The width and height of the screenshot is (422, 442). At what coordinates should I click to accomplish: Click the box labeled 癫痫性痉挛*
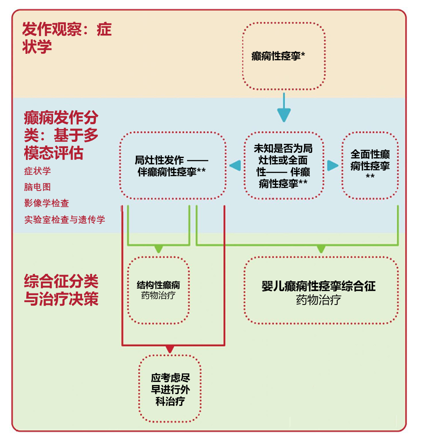tap(284, 56)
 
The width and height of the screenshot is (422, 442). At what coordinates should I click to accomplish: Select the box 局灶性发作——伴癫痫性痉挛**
tap(172, 166)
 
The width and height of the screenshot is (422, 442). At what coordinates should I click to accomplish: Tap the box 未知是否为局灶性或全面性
tap(283, 166)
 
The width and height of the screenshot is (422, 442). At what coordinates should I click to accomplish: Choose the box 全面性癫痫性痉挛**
tap(370, 165)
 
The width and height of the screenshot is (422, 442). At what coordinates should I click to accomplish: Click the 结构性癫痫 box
tap(158, 290)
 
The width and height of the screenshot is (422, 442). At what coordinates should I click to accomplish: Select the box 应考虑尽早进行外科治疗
tap(170, 389)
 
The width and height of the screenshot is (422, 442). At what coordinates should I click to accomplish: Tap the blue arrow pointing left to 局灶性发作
tap(235, 166)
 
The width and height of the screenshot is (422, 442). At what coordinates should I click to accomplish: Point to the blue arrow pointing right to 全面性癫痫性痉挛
tap(332, 166)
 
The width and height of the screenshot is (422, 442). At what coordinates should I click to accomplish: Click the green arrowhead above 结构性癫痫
tap(158, 249)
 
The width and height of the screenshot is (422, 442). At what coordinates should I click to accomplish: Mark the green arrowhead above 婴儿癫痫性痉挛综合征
tap(321, 249)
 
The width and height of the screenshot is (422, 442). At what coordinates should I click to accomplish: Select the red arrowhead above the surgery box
tap(170, 349)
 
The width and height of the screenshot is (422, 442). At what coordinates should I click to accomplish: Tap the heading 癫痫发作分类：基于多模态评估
tap(61, 135)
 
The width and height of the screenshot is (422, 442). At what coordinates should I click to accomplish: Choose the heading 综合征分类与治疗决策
tap(61, 290)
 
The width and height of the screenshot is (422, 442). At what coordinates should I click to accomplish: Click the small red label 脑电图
tap(37, 187)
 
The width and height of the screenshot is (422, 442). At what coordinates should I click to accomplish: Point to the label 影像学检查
tap(46, 203)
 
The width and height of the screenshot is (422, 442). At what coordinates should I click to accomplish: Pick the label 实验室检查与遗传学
tap(65, 220)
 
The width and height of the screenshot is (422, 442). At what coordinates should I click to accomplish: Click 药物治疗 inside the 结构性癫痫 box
tap(158, 296)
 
